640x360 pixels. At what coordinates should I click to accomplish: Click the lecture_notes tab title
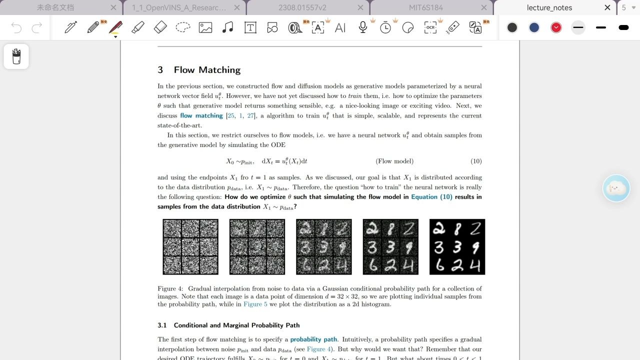coord(549,7)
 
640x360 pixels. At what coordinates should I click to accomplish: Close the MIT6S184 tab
coord(483,7)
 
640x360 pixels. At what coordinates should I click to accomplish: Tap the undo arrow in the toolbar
coord(16,27)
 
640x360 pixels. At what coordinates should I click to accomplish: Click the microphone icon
coord(363,27)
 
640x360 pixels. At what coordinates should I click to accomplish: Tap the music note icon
coord(227,27)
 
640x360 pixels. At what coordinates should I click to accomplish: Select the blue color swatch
coord(534,27)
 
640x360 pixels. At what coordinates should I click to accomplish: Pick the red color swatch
coord(556,27)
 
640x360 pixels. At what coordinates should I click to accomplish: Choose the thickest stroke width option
coord(623,27)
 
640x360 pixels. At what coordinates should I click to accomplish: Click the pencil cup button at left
coord(16,56)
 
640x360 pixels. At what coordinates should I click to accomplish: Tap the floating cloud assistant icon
coord(616,188)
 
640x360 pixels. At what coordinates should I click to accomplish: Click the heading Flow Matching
coord(207,70)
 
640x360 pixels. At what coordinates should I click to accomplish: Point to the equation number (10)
coord(476,161)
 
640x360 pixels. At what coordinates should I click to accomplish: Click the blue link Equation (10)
coord(431,197)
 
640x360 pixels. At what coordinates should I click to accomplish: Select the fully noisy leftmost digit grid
coord(190,246)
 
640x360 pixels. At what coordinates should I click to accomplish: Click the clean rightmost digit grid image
coord(457,246)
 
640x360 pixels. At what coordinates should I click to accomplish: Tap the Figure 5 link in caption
coord(255,304)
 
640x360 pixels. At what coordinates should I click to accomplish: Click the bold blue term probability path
coord(313,339)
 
